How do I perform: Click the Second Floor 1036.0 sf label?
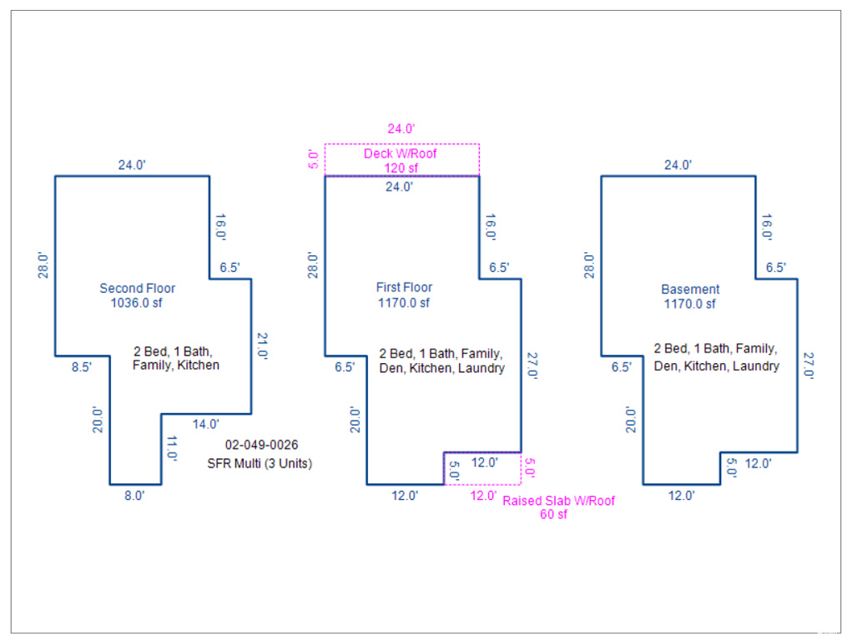(137, 295)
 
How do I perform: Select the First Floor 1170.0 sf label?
(404, 295)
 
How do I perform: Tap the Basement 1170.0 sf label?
(690, 296)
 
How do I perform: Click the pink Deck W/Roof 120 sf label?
(401, 160)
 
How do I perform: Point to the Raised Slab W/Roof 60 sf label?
(558, 507)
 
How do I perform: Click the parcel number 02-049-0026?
(261, 445)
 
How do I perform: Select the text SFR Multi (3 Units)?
(260, 463)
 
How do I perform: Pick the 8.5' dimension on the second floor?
(82, 367)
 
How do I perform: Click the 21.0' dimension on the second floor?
(262, 346)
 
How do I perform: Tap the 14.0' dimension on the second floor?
(206, 424)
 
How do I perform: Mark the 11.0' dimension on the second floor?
(172, 447)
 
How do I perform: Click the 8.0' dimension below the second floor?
(134, 496)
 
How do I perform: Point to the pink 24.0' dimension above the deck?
(401, 129)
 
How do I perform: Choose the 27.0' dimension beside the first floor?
(532, 366)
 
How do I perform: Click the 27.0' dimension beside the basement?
(808, 366)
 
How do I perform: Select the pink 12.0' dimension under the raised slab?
(483, 496)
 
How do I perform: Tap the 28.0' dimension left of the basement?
(589, 265)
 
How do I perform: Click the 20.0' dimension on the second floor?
(98, 420)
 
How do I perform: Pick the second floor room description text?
(175, 358)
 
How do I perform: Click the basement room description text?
(716, 357)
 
